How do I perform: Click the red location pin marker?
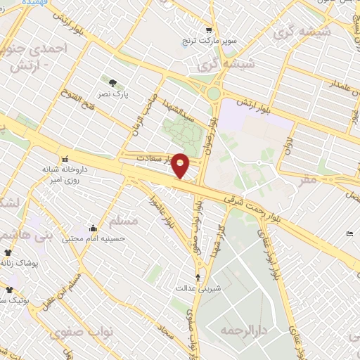point(181,165)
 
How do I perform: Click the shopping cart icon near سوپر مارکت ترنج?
point(209,30)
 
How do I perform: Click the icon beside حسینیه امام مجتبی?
point(94,228)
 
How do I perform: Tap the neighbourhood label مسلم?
point(124,221)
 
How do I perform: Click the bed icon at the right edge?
point(350,234)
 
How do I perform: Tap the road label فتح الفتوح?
point(67,105)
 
